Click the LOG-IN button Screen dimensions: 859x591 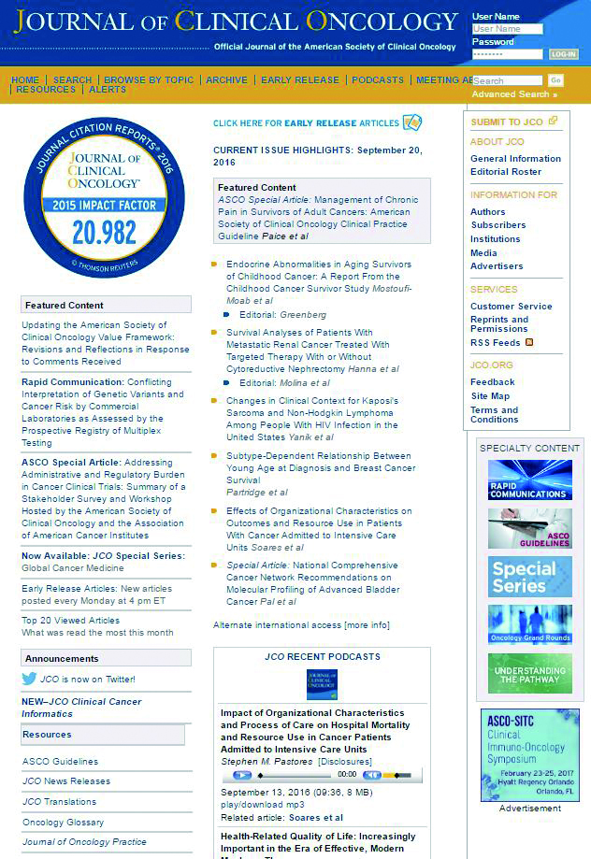tap(564, 54)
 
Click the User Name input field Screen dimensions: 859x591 tap(508, 29)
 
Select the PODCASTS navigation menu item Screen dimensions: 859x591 tap(378, 80)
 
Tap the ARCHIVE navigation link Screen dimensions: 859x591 tap(226, 80)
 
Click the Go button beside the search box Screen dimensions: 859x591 tap(555, 81)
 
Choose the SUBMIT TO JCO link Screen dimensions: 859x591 tap(507, 122)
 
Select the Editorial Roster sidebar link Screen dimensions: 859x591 tap(506, 172)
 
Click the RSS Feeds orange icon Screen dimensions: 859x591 tap(529, 343)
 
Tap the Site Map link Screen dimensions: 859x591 tap(490, 396)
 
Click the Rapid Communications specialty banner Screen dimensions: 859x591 tap(529, 480)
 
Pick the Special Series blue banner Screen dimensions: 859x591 tap(529, 577)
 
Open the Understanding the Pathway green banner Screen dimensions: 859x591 tap(529, 673)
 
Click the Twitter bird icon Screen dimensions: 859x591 tap(30, 680)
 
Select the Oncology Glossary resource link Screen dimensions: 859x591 tap(63, 823)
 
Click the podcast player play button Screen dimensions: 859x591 tap(242, 775)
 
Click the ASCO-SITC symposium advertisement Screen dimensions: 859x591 tap(529, 754)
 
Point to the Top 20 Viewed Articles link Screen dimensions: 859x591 tap(71, 621)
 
